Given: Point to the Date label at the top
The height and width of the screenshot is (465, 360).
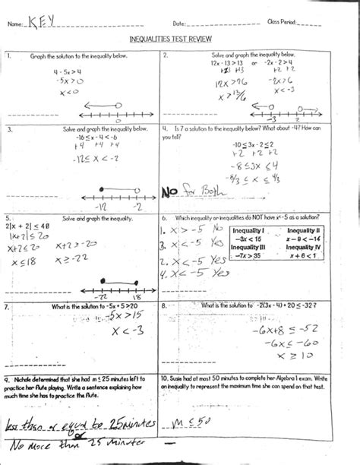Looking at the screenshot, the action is click(x=179, y=25).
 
